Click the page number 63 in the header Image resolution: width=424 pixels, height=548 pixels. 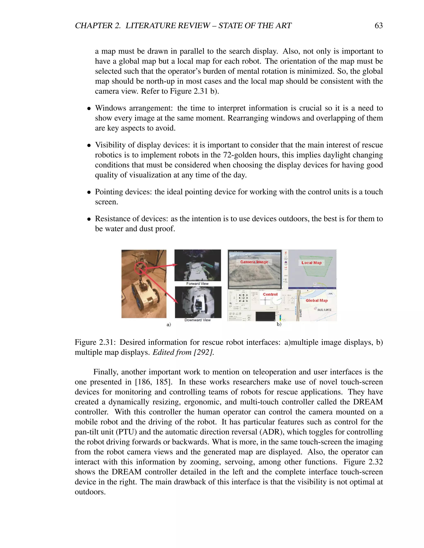[378, 26]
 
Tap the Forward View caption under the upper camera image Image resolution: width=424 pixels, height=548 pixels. [198, 284]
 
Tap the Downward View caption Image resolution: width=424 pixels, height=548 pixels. [198, 320]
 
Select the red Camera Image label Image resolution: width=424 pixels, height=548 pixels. [254, 262]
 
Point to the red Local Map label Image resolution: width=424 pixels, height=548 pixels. [311, 263]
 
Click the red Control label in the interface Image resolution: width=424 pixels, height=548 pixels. [270, 294]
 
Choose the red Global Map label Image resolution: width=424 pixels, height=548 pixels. [317, 300]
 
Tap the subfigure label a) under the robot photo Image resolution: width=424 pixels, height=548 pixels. [169, 325]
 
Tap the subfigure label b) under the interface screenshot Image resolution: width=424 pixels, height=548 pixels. [279, 324]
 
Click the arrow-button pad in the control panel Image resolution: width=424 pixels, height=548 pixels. [243, 298]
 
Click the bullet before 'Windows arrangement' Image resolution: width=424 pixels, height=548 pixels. [89, 109]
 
